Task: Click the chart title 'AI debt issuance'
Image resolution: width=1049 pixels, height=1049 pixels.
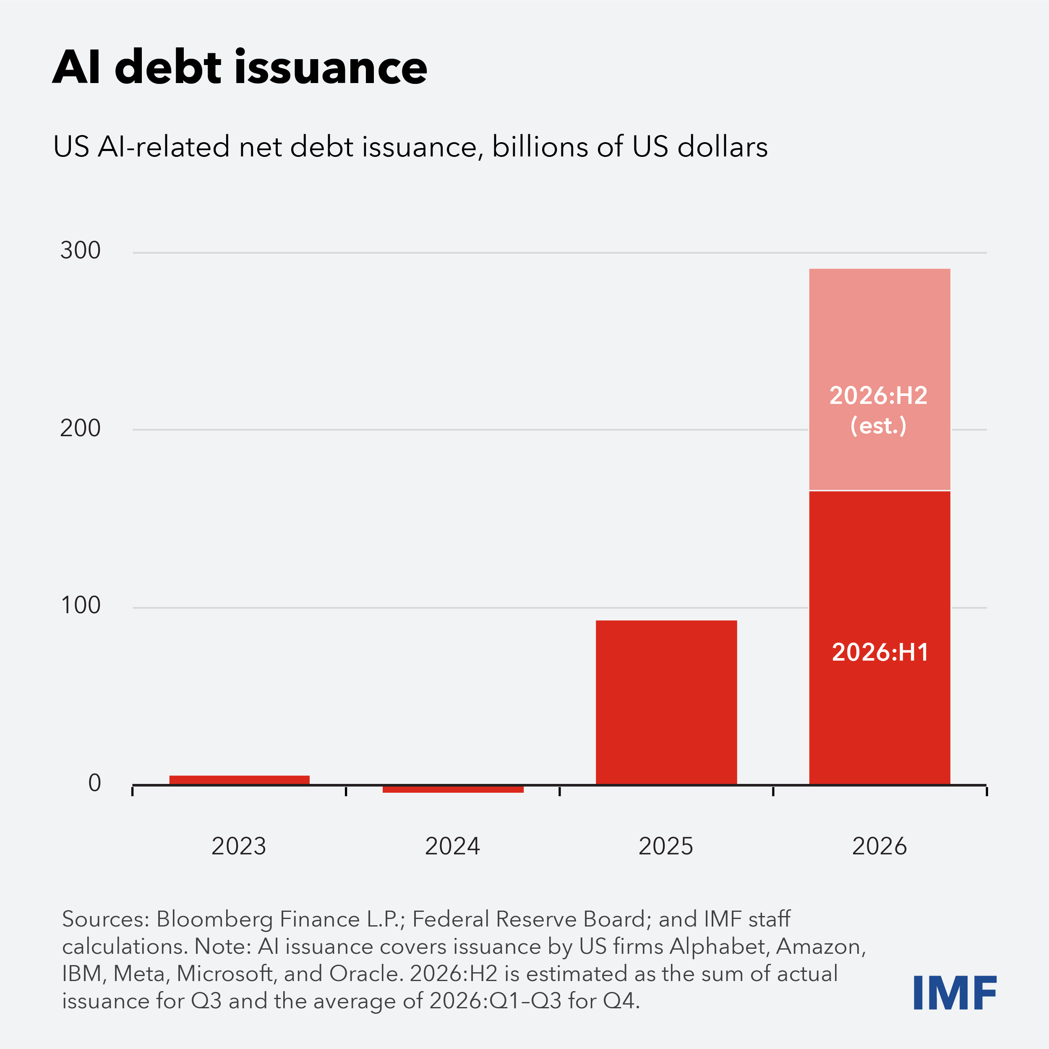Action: [240, 68]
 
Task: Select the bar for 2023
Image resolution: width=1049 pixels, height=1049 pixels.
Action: [240, 780]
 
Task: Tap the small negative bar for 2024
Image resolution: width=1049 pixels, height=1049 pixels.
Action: [453, 789]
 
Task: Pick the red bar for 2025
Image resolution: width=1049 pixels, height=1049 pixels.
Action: [667, 702]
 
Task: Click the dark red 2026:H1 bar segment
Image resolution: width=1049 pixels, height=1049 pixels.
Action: [879, 638]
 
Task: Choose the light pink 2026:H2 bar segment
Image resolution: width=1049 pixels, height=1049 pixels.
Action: [879, 379]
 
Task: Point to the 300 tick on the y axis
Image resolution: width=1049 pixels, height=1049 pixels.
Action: [81, 251]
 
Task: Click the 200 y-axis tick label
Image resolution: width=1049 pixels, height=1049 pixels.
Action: [81, 428]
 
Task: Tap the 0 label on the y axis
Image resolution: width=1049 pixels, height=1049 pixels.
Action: [94, 783]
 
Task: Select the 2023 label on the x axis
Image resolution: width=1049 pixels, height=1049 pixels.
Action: [239, 846]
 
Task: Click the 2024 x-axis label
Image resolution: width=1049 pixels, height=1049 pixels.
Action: [452, 846]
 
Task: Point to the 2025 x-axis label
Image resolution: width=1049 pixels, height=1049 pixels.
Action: [666, 846]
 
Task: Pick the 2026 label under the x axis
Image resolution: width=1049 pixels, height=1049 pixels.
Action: [879, 846]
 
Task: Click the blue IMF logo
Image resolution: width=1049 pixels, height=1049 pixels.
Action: [955, 992]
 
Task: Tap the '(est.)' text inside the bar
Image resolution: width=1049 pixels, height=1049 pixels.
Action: [878, 426]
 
